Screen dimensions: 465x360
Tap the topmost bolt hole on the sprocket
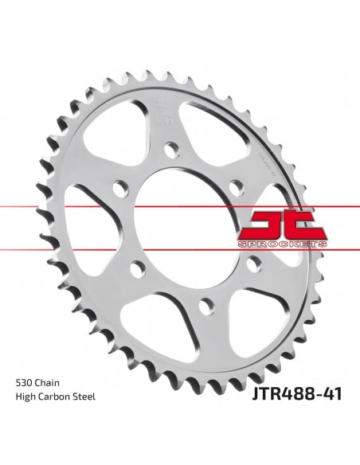[170, 148]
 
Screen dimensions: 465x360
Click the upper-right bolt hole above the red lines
[233, 186]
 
